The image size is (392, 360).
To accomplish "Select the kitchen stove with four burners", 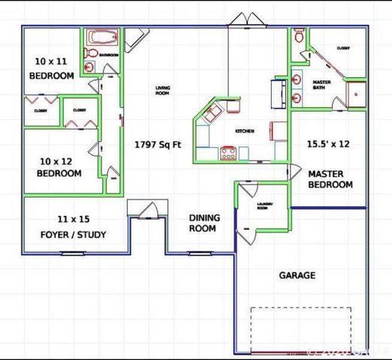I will [x=228, y=154].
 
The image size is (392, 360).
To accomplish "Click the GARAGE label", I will [x=297, y=275].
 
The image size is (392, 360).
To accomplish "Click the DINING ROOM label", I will [x=203, y=223].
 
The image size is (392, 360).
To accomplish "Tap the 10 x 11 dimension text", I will [x=52, y=61].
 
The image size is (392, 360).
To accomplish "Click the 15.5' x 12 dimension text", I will [x=328, y=142].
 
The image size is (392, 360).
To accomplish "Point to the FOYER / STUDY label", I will [x=73, y=227].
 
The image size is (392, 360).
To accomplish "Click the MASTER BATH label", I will [x=321, y=85].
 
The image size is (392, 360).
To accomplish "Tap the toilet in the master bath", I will [x=299, y=36].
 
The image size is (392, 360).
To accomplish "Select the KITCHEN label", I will [x=245, y=131].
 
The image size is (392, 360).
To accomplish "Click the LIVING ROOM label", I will [x=162, y=91].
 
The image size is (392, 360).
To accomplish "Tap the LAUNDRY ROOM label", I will [x=262, y=206].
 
